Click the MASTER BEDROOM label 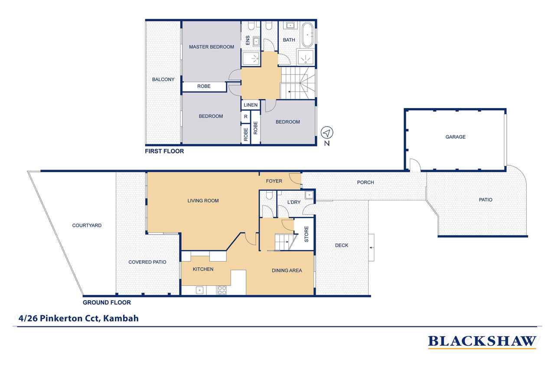coord(211,47)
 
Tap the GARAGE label coord(455,137)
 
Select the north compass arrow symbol coord(327,133)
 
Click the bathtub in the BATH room coord(307,35)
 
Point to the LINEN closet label coord(251,105)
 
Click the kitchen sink coord(199,290)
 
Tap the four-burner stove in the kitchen coord(222,290)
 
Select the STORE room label coord(307,234)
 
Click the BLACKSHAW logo coord(482,342)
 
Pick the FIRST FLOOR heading coord(164,151)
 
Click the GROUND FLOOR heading coord(107,302)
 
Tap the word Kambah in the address coord(121,318)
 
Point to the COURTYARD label coord(87,226)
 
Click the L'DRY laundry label coord(294,202)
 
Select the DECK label coord(342,246)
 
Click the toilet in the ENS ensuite coord(251,26)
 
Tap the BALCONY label coord(163,79)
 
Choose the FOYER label coord(274,181)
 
